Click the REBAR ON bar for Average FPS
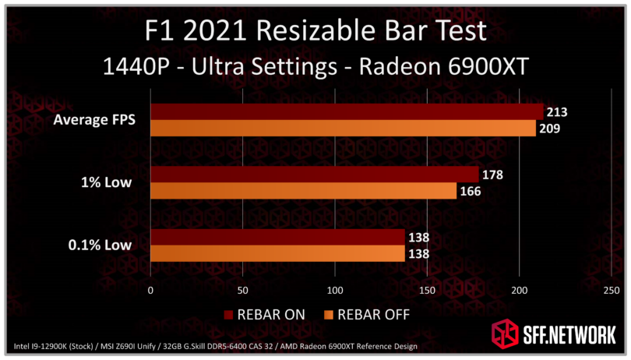pyautogui.click(x=347, y=111)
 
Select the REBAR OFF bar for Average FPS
pyautogui.click(x=343, y=128)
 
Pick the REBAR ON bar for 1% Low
pyautogui.click(x=314, y=175)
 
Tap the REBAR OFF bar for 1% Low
pyautogui.click(x=303, y=191)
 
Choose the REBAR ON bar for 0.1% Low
pyautogui.click(x=277, y=237)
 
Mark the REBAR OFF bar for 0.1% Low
pyautogui.click(x=277, y=253)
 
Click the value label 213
pyautogui.click(x=556, y=111)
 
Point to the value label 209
pyautogui.click(x=549, y=128)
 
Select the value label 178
pyautogui.click(x=492, y=175)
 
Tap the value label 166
pyautogui.click(x=471, y=191)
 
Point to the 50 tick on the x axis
pyautogui.click(x=242, y=291)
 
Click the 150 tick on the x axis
pyautogui.click(x=427, y=291)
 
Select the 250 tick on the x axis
pyautogui.click(x=612, y=291)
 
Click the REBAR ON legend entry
pyautogui.click(x=265, y=315)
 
